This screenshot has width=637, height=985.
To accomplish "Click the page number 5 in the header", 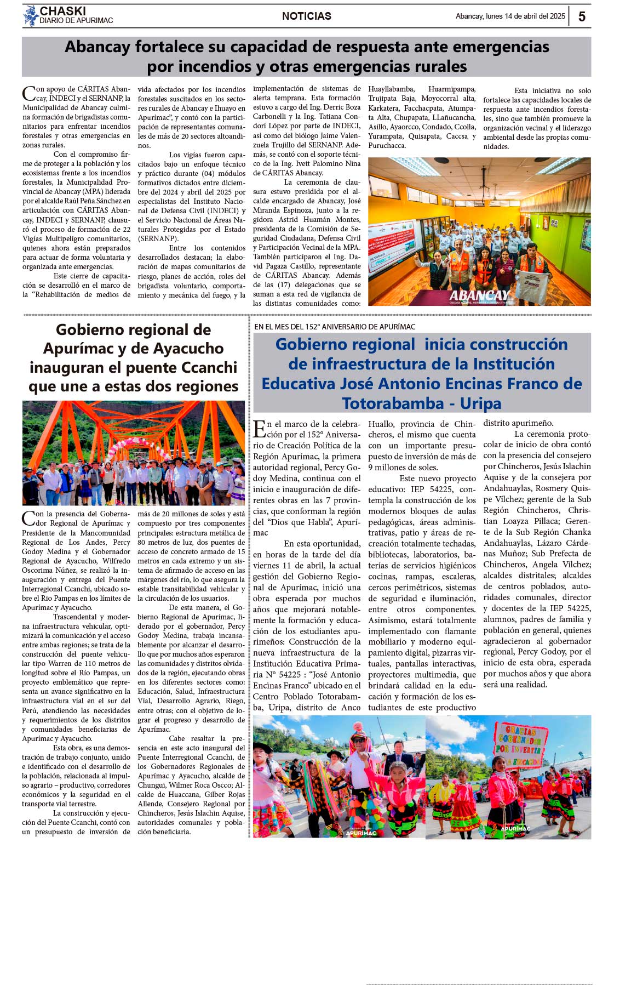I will tap(582, 16).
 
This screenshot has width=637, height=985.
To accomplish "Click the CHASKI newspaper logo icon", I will tap(30, 16).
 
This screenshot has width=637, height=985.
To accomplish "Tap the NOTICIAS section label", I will tap(307, 16).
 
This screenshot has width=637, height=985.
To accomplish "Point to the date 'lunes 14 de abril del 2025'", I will tap(525, 16).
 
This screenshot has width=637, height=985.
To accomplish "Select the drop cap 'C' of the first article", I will tap(28, 94).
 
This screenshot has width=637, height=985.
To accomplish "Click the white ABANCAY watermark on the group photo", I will tap(480, 295).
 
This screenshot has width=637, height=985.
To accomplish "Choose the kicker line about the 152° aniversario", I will tap(335, 327).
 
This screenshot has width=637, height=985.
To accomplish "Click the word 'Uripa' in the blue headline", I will tap(480, 403).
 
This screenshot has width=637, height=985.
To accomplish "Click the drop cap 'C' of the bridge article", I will tap(28, 518).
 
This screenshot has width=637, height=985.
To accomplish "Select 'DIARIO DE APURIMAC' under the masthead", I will tap(76, 21).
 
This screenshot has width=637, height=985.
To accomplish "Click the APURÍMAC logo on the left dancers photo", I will tap(361, 832).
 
